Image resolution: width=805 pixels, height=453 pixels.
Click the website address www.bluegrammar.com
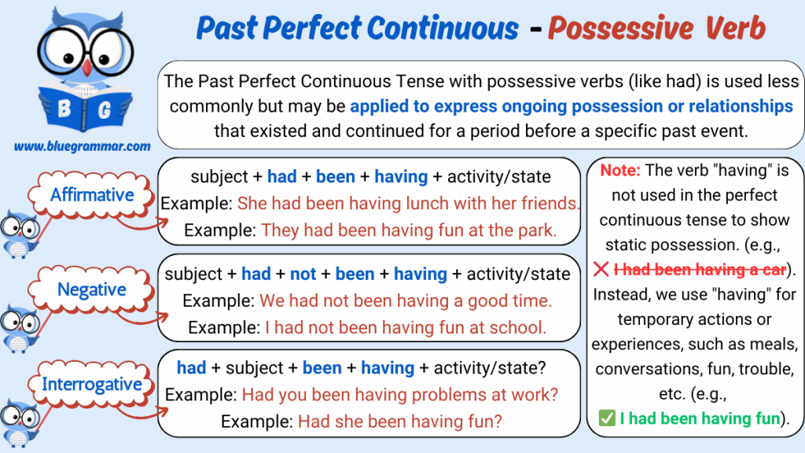[x=82, y=147]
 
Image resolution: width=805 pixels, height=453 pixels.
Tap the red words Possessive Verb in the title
[x=656, y=28]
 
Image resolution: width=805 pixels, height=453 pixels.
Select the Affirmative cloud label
[x=92, y=195]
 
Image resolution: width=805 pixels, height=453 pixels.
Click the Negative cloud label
[x=91, y=289]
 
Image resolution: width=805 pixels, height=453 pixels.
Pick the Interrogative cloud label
[x=91, y=384]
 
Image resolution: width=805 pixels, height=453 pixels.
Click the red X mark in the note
[x=601, y=269]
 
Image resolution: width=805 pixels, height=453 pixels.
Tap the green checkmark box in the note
[x=607, y=418]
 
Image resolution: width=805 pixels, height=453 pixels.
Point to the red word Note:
[x=620, y=170]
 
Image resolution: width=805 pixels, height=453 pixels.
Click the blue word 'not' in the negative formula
[x=303, y=274]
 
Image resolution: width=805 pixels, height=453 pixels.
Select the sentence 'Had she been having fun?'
[x=400, y=422]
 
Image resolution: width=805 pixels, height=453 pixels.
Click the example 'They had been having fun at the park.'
[x=409, y=230]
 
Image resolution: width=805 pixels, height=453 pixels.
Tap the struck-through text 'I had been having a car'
[x=700, y=270]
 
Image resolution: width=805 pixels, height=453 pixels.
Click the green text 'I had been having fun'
[x=700, y=418]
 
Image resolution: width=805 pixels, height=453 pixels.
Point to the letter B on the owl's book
[x=64, y=109]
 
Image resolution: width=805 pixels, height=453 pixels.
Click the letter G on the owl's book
[x=105, y=109]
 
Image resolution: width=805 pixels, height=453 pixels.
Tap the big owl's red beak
[x=87, y=68]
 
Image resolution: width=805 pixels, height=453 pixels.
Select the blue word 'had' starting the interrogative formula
[x=192, y=368]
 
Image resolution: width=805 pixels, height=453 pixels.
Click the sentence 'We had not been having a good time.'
[x=406, y=300]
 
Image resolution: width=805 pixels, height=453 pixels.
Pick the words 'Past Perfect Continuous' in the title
[x=358, y=28]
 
